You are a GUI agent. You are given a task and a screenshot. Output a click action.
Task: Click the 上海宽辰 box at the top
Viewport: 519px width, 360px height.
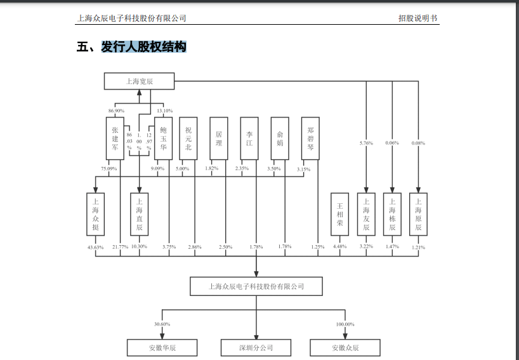pyautogui.click(x=140, y=81)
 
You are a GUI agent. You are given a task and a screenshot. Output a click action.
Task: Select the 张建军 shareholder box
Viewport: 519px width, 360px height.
pyautogui.click(x=114, y=138)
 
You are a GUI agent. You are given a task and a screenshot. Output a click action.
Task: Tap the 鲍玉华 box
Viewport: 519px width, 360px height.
pyautogui.click(x=163, y=138)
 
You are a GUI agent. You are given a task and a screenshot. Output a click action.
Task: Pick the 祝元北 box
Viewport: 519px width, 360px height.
pyautogui.click(x=188, y=138)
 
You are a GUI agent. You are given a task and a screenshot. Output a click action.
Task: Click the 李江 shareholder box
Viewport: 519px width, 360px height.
pyautogui.click(x=249, y=138)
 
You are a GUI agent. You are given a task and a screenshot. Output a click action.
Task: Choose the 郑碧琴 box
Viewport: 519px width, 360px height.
pyautogui.click(x=310, y=138)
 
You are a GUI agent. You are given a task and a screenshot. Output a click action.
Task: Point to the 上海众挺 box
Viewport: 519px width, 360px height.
pyautogui.click(x=95, y=214)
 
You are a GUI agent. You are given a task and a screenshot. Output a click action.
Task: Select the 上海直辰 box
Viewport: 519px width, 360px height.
pyautogui.click(x=139, y=214)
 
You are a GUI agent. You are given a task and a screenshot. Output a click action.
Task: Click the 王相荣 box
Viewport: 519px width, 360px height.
pyautogui.click(x=339, y=214)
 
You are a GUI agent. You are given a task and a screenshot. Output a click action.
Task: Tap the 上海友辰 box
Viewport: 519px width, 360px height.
pyautogui.click(x=366, y=214)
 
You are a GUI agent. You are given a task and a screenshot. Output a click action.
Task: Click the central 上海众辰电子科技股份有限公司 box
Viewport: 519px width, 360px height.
pyautogui.click(x=256, y=286)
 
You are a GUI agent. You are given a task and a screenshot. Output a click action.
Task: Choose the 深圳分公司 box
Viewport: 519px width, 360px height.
pyautogui.click(x=256, y=348)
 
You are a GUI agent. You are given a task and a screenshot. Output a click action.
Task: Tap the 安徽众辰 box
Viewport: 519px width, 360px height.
pyautogui.click(x=345, y=348)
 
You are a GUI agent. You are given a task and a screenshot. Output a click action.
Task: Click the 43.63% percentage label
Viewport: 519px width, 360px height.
pyautogui.click(x=95, y=246)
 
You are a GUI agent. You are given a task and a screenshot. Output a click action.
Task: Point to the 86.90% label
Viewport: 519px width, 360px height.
pyautogui.click(x=116, y=111)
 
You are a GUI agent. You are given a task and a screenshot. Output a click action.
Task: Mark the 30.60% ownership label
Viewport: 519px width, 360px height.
pyautogui.click(x=162, y=324)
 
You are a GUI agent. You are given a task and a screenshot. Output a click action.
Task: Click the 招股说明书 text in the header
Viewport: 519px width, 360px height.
pyautogui.click(x=414, y=18)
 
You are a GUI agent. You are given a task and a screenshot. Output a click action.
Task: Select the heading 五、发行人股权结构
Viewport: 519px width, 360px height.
pyautogui.click(x=131, y=47)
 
